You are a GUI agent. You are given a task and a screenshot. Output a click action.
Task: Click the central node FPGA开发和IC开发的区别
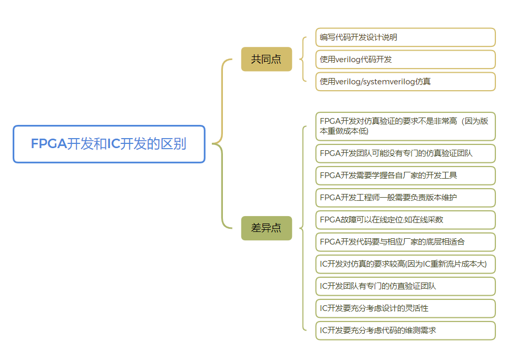[109, 144]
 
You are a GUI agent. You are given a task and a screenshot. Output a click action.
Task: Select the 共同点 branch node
[266, 59]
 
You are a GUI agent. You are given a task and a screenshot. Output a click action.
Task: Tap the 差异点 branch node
[266, 228]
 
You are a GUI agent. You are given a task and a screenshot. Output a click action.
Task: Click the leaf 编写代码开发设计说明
[405, 37]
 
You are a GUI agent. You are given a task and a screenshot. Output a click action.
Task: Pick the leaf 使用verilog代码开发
[405, 60]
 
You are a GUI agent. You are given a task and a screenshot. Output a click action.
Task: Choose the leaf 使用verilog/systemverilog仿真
[405, 82]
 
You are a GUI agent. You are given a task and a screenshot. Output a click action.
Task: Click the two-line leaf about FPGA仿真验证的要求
[405, 126]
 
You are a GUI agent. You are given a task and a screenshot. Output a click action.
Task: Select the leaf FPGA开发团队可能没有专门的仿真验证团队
[405, 153]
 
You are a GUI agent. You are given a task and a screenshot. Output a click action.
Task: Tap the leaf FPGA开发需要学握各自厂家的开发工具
[405, 176]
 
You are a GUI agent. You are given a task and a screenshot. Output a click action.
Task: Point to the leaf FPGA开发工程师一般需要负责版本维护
[405, 198]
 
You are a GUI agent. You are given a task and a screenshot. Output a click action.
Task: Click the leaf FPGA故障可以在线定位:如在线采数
[405, 220]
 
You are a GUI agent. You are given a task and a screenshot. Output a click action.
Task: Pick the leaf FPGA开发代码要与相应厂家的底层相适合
[405, 242]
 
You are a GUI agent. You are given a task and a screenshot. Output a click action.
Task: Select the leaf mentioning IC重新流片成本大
[405, 264]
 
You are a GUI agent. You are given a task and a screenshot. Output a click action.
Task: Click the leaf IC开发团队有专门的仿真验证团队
[405, 286]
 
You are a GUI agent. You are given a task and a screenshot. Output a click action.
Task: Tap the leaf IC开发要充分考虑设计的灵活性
[405, 308]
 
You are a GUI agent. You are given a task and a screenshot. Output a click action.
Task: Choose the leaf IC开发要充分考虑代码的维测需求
[405, 330]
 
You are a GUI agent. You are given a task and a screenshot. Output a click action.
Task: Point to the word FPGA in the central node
[48, 144]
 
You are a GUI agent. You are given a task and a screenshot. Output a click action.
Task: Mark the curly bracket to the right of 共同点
[303, 59]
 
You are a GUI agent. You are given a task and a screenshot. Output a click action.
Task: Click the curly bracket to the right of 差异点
[303, 228]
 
